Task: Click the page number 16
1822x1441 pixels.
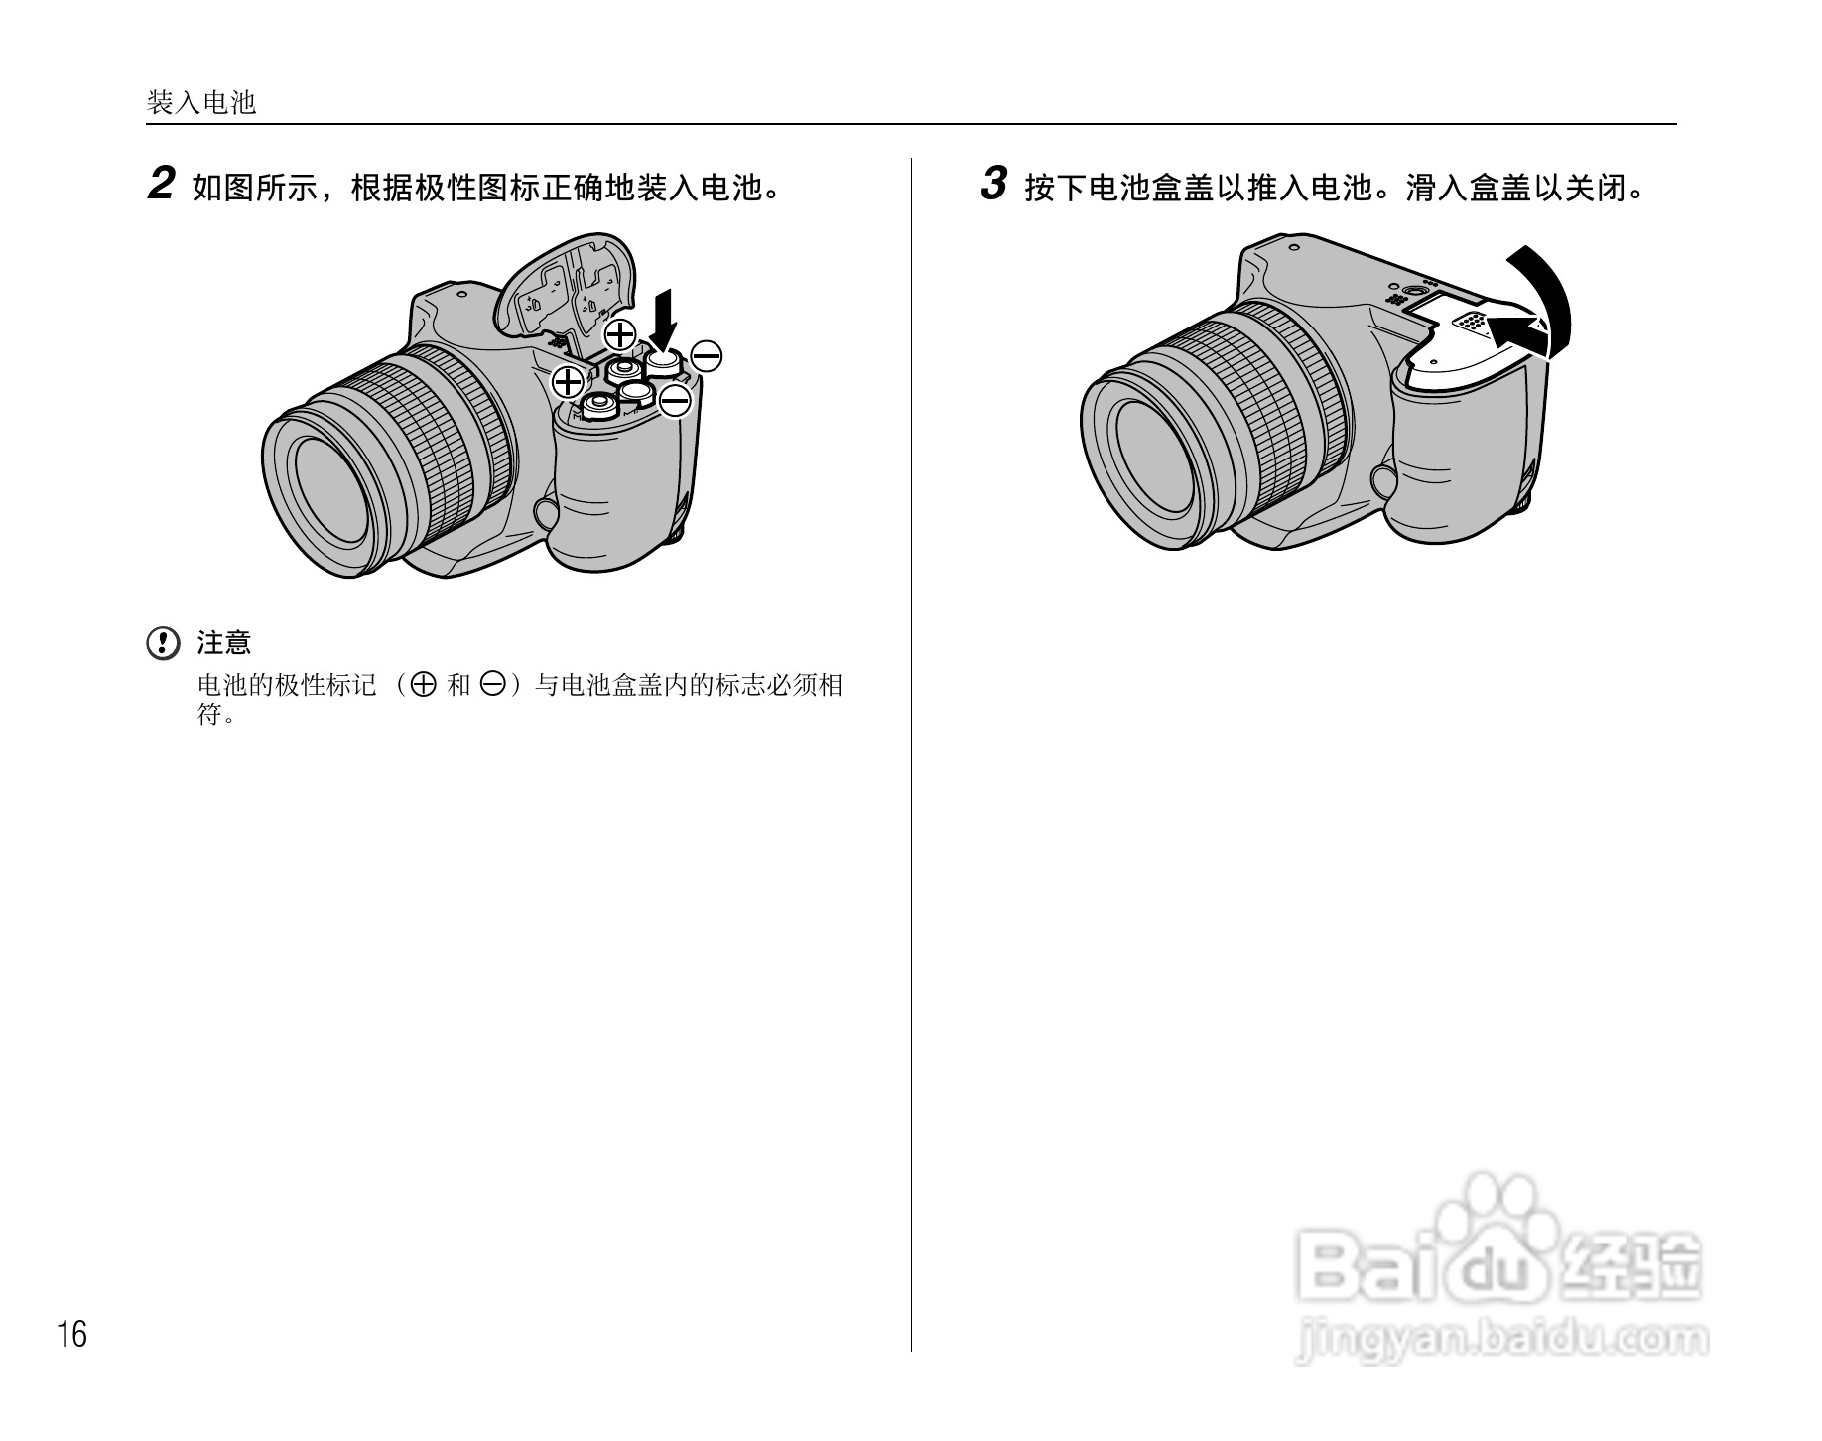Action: tap(72, 1335)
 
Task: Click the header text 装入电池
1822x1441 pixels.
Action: tap(201, 102)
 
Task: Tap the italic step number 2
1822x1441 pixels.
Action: tap(160, 185)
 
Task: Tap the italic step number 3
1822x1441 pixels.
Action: tap(993, 185)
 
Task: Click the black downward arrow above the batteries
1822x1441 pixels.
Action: tap(663, 317)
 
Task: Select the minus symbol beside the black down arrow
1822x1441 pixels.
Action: tap(706, 356)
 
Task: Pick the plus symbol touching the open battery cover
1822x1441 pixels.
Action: tap(620, 334)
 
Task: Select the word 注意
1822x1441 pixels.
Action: tap(224, 643)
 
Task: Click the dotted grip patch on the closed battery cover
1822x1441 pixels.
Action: tap(1469, 322)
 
